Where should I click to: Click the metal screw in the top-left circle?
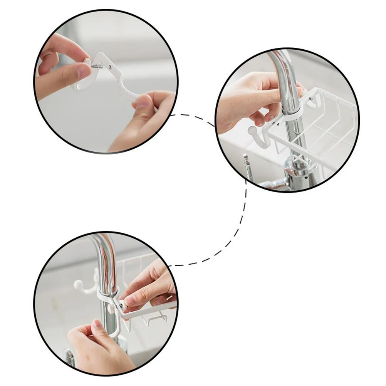tap(97, 66)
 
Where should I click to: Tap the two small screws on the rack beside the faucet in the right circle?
tap(276, 123)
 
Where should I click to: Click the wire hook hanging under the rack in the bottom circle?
tap(154, 320)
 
